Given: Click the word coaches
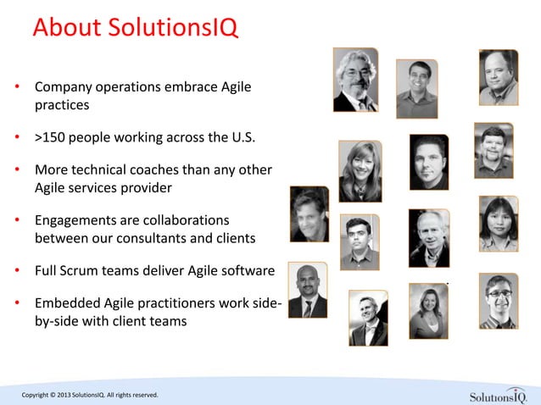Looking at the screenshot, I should click(167, 169).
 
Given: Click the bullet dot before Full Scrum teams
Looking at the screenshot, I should click(17, 272).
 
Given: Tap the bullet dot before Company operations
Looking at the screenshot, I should click(17, 88).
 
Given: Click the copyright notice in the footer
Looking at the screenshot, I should click(84, 395).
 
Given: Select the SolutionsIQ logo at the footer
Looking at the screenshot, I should click(498, 395).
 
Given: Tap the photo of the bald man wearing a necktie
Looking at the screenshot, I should click(307, 291).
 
